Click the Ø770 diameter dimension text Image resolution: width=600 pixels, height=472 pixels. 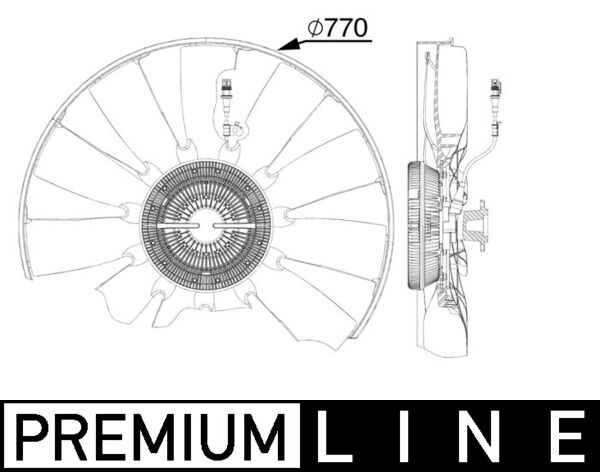coord(338,30)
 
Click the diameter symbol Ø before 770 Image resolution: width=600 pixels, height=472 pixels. coord(314,30)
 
